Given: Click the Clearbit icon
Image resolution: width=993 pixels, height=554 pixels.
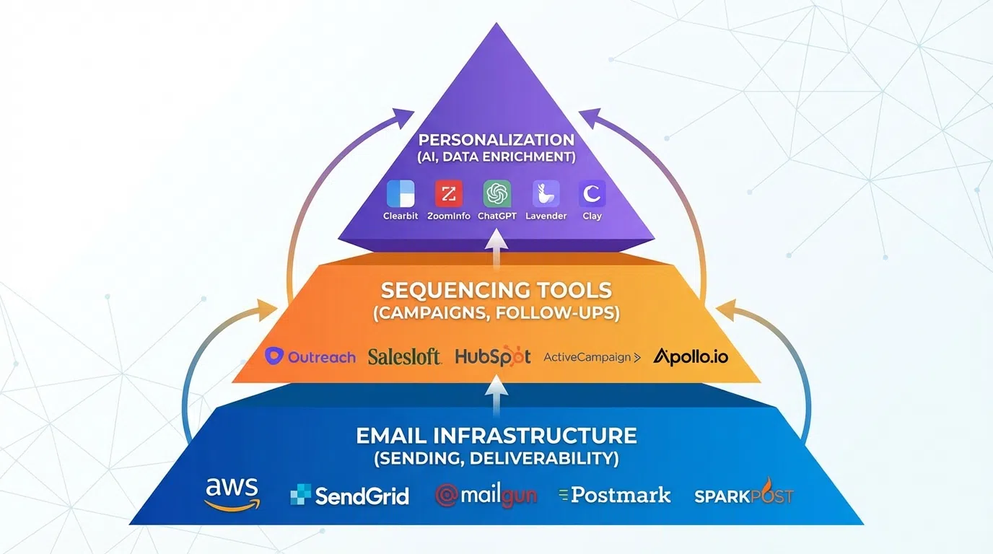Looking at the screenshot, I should coord(401,194).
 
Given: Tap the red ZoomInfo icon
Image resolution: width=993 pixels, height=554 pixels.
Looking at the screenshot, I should coord(448,194).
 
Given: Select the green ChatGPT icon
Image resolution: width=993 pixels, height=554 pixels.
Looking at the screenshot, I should coord(496,194).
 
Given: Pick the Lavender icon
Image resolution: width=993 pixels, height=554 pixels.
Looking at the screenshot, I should coord(546,194).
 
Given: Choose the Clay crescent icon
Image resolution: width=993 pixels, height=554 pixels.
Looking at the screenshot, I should coord(592,194).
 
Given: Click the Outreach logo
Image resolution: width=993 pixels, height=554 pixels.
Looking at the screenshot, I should coord(310,356).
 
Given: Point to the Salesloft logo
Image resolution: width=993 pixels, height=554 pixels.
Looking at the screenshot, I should coord(404,356).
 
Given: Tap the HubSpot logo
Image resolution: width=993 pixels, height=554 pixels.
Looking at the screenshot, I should coord(493,356).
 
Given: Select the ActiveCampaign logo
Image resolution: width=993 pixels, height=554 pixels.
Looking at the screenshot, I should coord(592,357).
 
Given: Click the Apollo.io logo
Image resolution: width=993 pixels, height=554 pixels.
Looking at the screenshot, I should coord(690,356).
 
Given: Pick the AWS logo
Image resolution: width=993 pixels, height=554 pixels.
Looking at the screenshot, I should coord(232,493).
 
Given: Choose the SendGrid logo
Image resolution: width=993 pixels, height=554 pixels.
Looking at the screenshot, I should coord(349,496).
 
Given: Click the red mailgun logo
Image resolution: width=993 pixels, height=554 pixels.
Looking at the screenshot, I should coord(486,496).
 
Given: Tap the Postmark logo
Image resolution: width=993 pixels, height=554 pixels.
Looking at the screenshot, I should coord(615,495).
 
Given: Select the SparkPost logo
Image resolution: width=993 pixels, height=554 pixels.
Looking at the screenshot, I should coord(743,495).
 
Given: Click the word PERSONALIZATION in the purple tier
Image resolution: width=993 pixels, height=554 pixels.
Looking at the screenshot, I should coord(496,140).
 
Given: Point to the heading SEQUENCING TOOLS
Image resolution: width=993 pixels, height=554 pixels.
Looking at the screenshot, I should coord(496,291).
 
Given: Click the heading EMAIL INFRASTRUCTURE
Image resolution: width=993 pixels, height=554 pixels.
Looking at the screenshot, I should coord(496,436).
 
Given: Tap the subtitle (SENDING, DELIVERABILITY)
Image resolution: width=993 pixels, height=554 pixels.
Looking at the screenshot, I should coord(496,458).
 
